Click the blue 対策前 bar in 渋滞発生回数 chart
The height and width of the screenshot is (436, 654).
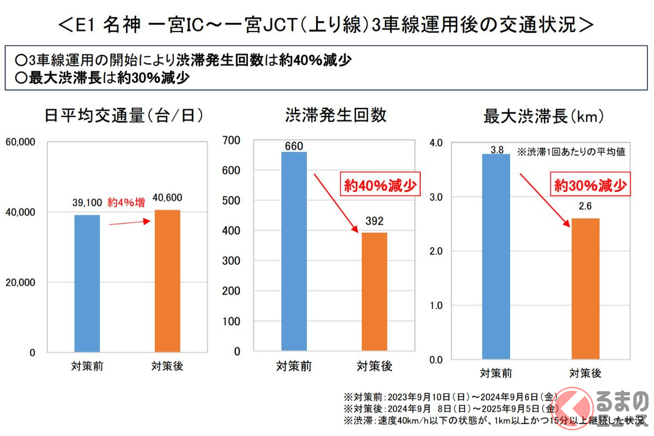294,251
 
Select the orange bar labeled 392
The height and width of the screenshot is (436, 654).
374,291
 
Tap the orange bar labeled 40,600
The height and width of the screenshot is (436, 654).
167,281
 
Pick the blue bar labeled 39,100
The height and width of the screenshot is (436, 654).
87,283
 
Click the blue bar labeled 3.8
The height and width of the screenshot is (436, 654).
496,256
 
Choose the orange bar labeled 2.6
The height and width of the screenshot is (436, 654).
585,289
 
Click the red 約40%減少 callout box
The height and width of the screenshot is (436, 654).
380,185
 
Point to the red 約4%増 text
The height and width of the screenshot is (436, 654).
126,203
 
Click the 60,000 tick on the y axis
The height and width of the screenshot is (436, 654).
20,142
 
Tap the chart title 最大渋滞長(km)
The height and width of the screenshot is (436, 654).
540,117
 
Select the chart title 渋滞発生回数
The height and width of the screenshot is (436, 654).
336,116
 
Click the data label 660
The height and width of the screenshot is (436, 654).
294,146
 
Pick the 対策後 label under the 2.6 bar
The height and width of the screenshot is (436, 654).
585,373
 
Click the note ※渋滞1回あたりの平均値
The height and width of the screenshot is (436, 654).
571,152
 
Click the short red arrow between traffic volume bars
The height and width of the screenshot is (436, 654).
130,222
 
